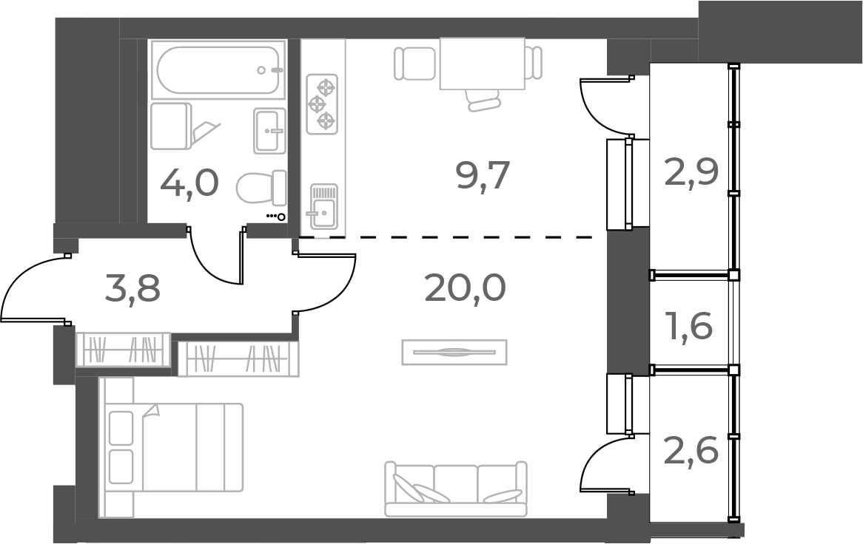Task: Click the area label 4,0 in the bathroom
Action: point(189,183)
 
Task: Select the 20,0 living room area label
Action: point(465,288)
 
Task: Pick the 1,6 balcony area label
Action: point(691,325)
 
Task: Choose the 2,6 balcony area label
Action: point(691,450)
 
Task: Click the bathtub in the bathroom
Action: point(218,70)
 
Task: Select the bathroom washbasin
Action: point(269,131)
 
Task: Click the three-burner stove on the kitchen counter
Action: point(322,104)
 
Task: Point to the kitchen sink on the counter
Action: point(323,205)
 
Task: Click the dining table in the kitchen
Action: point(482,63)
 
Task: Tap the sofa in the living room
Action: point(455,489)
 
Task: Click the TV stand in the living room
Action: point(454,352)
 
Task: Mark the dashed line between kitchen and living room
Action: point(451,237)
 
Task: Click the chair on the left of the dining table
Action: point(414,63)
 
